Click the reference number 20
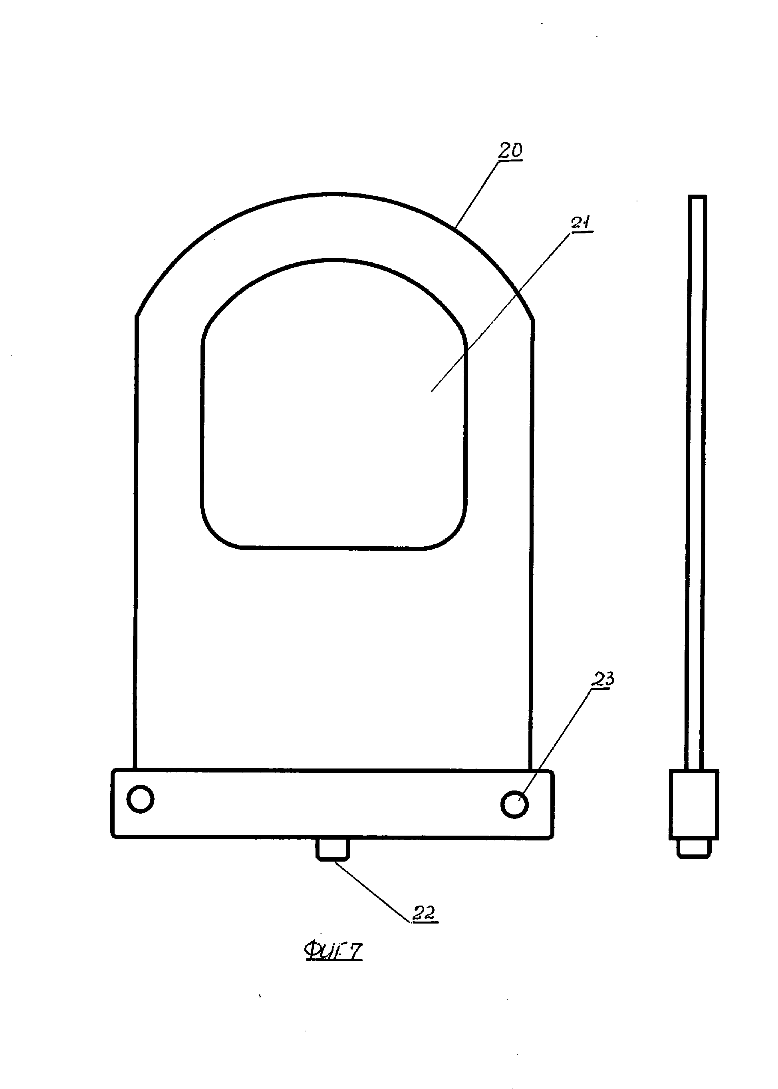510,151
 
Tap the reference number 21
581,223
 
